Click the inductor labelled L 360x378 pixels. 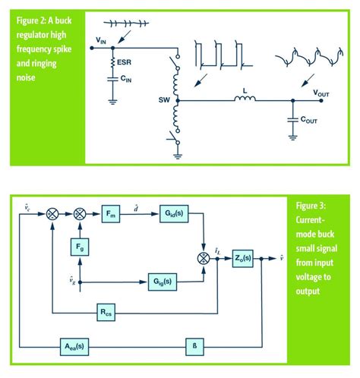[243, 98]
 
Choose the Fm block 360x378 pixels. [112, 216]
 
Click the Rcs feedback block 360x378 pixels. [112, 312]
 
